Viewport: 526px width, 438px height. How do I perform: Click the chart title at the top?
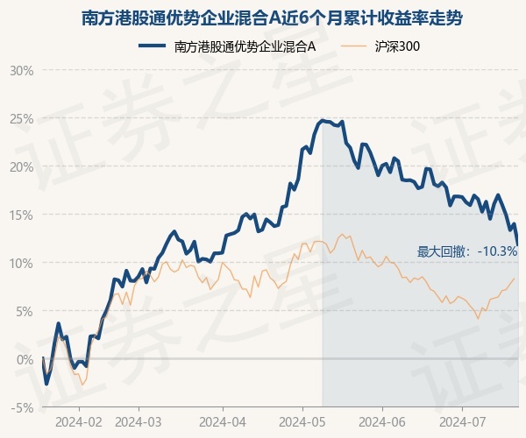(263, 18)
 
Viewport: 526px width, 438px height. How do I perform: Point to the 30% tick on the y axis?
(22, 70)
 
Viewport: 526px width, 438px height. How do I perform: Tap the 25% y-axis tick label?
(22, 118)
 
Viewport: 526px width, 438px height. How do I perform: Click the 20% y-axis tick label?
(22, 166)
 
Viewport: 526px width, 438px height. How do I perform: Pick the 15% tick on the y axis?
(22, 215)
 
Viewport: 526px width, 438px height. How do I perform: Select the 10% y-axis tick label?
(22, 263)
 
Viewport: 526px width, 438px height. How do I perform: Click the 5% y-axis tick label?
(25, 311)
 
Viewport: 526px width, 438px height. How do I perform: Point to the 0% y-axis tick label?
(25, 359)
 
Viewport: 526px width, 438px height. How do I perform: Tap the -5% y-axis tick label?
(22, 407)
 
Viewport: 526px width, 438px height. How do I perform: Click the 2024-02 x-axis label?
(78, 420)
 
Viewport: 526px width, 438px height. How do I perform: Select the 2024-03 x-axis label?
(138, 420)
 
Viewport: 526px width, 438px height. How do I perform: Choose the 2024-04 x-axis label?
(222, 420)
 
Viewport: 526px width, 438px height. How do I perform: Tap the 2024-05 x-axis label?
(302, 420)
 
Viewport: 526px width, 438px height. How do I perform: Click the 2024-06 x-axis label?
(383, 420)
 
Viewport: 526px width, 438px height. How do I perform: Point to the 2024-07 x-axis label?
(462, 420)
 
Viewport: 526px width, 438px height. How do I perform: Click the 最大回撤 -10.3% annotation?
(467, 251)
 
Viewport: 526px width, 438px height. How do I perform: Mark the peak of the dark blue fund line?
(322, 120)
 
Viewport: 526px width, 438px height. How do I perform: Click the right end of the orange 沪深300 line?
(514, 278)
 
